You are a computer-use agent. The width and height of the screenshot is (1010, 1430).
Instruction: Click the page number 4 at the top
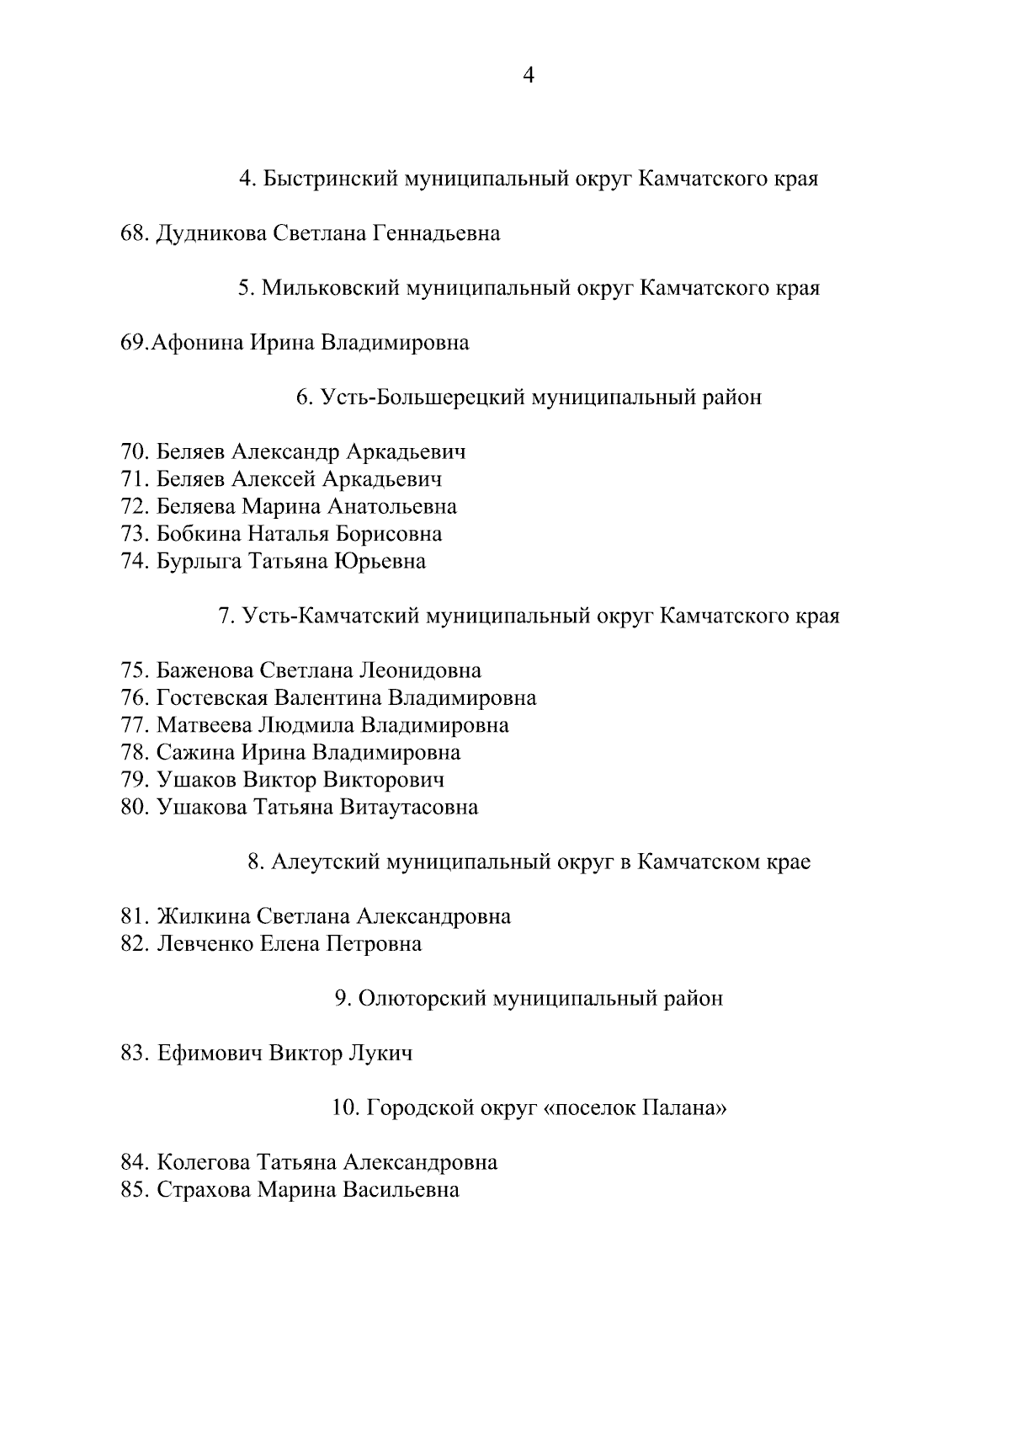pos(529,76)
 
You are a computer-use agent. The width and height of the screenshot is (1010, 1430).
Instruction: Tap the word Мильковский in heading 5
pos(331,288)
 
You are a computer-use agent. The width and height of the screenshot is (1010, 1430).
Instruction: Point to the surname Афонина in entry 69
pos(198,343)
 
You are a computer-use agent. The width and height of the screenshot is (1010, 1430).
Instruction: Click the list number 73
pos(135,534)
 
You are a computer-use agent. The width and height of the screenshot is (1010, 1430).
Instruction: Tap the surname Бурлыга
pos(199,561)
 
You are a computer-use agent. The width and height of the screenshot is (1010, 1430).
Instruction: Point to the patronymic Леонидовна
pos(420,670)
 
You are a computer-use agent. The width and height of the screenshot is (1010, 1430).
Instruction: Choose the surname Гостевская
pos(212,697)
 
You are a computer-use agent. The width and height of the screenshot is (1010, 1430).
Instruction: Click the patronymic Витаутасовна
pos(409,807)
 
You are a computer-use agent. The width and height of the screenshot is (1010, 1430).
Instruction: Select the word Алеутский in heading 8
pos(324,862)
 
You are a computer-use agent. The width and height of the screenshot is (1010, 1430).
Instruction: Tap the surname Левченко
pos(205,943)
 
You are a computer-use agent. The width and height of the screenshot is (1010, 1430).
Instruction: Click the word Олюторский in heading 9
pos(420,998)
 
